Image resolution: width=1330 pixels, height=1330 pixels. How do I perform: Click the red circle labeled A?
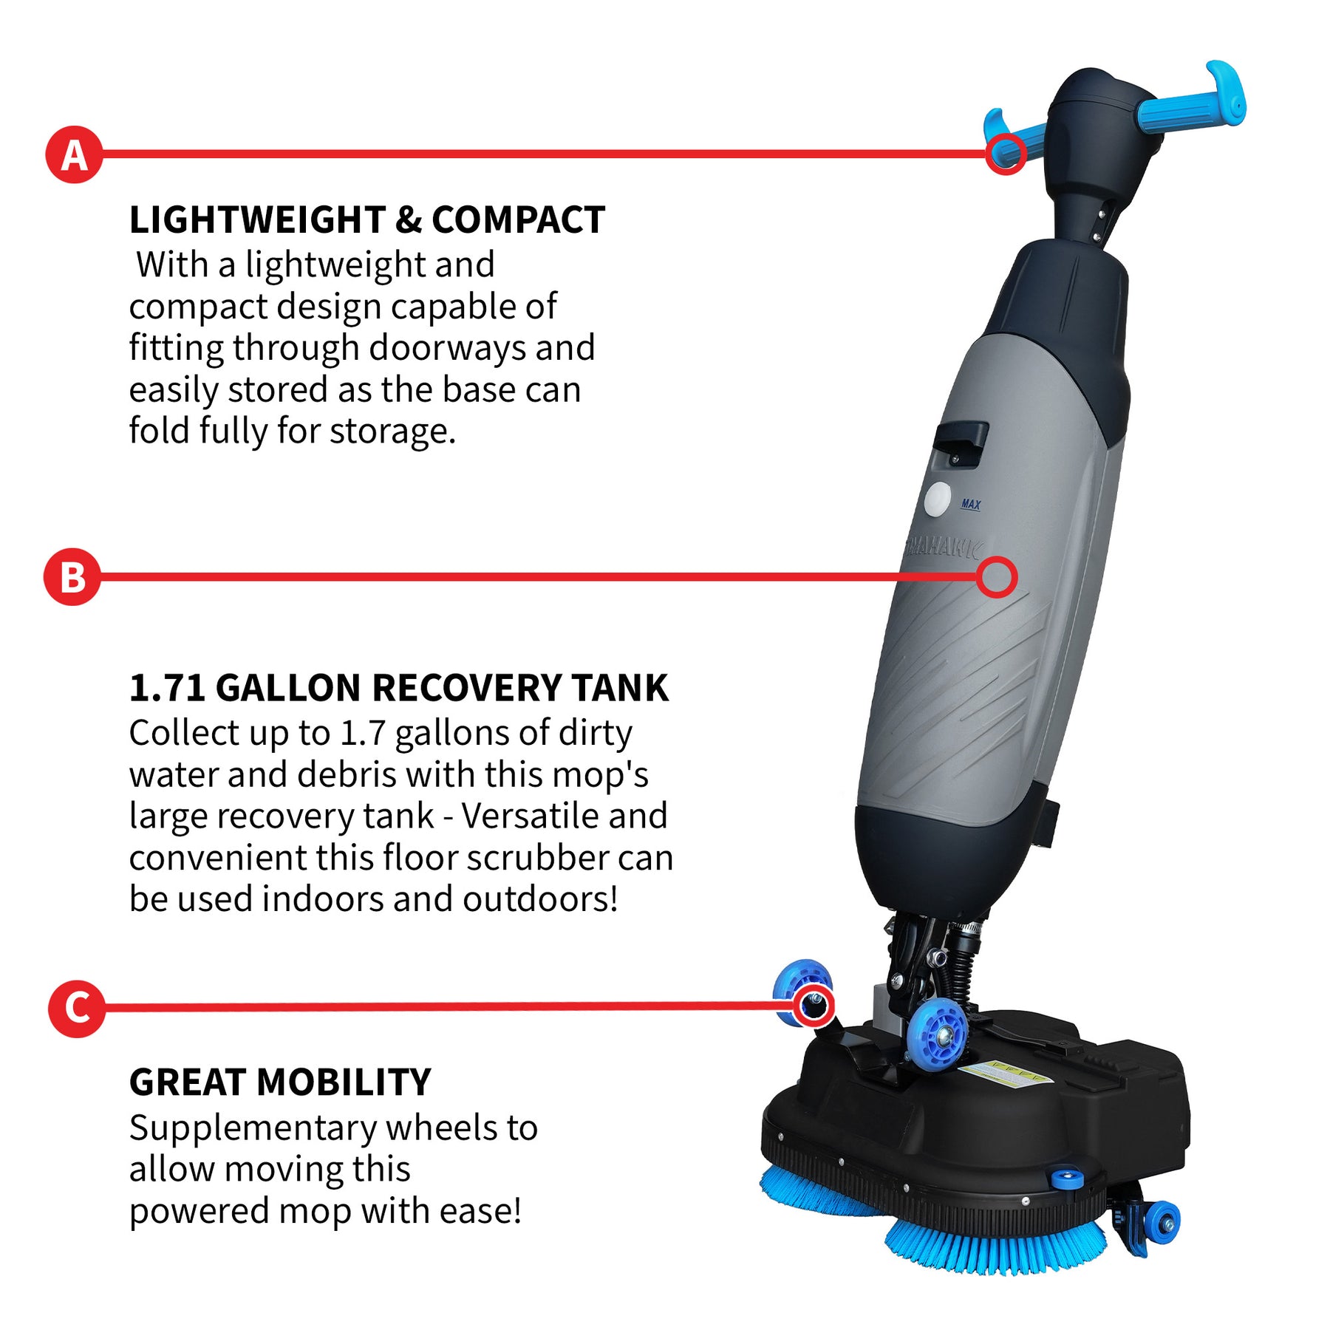(74, 155)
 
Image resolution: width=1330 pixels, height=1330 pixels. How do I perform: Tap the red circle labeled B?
(72, 577)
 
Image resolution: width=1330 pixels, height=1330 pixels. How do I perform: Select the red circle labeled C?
(76, 1008)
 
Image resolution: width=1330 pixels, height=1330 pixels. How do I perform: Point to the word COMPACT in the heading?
(518, 220)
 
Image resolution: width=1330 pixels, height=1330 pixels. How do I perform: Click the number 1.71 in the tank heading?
(167, 688)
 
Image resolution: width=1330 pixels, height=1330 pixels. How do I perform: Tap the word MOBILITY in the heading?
(344, 1082)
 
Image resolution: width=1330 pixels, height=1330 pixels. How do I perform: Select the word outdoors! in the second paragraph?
(539, 899)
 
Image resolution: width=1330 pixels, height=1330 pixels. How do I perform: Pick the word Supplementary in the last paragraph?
(253, 1128)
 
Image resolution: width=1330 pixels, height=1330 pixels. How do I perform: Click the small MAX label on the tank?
(971, 504)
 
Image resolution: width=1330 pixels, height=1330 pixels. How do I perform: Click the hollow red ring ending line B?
(996, 577)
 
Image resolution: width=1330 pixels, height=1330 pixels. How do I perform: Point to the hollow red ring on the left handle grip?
(1006, 154)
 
